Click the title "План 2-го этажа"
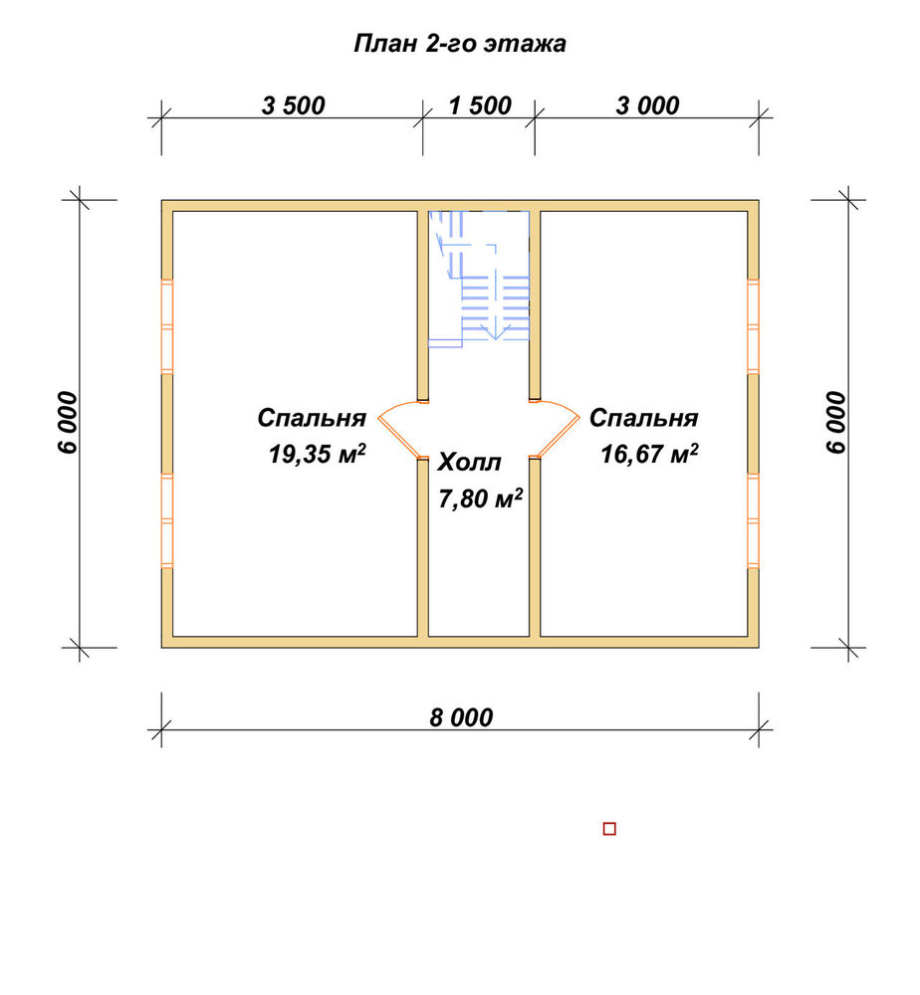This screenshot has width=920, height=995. point(460,44)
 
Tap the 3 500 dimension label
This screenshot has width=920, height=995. point(294,105)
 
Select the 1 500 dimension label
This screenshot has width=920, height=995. point(480,105)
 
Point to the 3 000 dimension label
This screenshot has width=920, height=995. point(647,105)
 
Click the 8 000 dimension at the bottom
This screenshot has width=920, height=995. point(461,717)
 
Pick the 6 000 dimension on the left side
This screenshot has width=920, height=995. point(68,423)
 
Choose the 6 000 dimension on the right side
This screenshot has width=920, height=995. point(836,423)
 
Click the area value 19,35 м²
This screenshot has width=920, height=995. point(317,454)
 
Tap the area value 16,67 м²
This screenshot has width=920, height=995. point(649,454)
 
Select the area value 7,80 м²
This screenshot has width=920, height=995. point(480,498)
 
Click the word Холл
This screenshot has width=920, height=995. point(469,463)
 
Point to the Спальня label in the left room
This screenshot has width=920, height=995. point(312,418)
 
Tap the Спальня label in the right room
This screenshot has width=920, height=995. point(644,418)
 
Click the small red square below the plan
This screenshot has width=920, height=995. point(609,829)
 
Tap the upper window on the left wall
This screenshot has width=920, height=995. point(167,326)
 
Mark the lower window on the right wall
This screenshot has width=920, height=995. point(753,520)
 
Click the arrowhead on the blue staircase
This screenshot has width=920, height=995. point(495,332)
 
